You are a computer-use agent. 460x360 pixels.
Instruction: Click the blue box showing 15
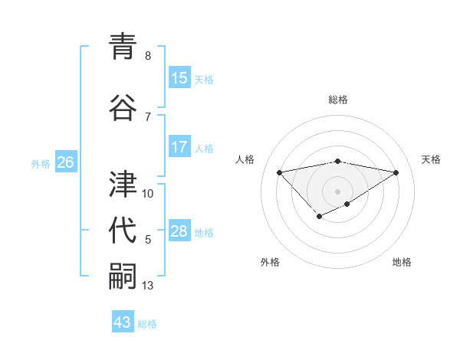pyautogui.click(x=179, y=78)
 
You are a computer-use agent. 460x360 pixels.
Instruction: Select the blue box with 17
pyautogui.click(x=179, y=147)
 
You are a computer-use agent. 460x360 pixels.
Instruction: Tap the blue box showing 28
pyautogui.click(x=179, y=231)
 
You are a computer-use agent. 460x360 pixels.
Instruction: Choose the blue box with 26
pyautogui.click(x=65, y=162)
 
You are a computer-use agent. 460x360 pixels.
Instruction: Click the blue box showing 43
pyautogui.click(x=123, y=322)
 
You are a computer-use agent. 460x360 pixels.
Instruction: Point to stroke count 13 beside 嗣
pyautogui.click(x=149, y=286)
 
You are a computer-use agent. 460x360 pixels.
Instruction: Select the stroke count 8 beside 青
pyautogui.click(x=148, y=56)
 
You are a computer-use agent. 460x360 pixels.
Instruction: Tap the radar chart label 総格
pyautogui.click(x=338, y=100)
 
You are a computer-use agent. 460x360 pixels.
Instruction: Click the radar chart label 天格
pyautogui.click(x=432, y=159)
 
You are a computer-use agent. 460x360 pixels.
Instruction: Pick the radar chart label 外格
pyautogui.click(x=270, y=263)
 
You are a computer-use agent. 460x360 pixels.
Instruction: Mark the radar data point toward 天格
pyautogui.click(x=396, y=172)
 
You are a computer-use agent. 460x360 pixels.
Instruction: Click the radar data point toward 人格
pyautogui.click(x=279, y=172)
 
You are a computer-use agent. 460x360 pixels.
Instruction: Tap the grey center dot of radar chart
pyautogui.click(x=337, y=191)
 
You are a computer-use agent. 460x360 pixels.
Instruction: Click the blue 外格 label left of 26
pyautogui.click(x=41, y=163)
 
